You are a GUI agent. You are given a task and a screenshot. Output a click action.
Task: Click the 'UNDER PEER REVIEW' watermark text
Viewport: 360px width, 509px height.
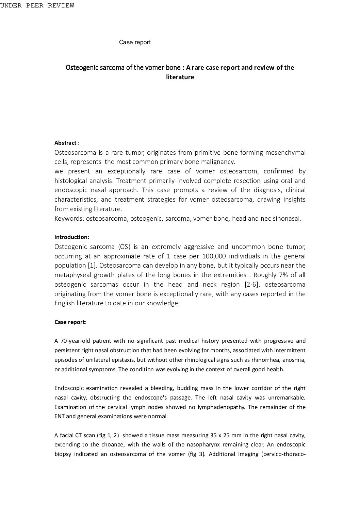click(37, 6)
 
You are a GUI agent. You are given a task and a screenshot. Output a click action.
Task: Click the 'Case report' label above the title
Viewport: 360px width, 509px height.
click(135, 42)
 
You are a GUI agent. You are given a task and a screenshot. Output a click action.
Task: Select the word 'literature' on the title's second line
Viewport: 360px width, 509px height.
click(180, 77)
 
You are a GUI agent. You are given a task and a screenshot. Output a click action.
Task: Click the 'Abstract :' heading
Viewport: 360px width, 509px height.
click(67, 143)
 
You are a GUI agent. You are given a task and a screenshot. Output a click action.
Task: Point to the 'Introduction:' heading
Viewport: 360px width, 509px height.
click(72, 237)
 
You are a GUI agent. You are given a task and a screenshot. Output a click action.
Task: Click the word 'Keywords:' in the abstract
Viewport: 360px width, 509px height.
click(69, 218)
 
